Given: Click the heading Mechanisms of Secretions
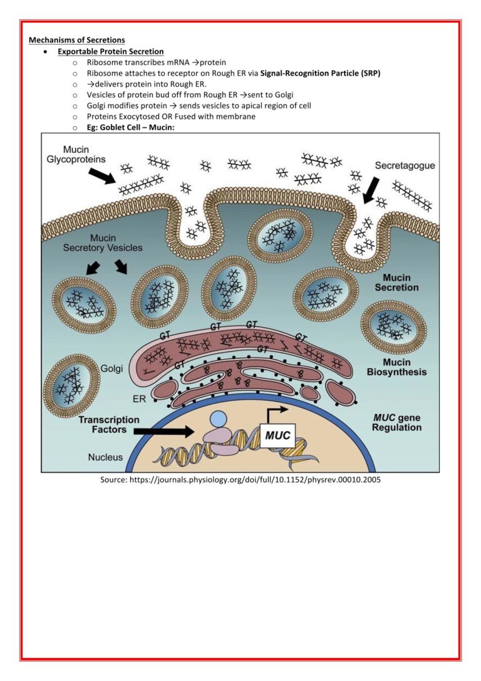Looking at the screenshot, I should coord(76,40).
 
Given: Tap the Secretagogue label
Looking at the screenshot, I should coord(405,166).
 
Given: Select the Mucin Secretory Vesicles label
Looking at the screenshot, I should coord(102,243).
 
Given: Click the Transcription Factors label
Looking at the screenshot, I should coord(109,425).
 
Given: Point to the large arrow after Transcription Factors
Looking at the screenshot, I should coord(164,431).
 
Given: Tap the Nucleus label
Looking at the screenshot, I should coord(105,457).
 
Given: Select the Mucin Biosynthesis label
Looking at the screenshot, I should coord(396,367).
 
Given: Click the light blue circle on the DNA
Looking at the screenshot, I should coord(218,418).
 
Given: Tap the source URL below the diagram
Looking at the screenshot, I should coord(240,480).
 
